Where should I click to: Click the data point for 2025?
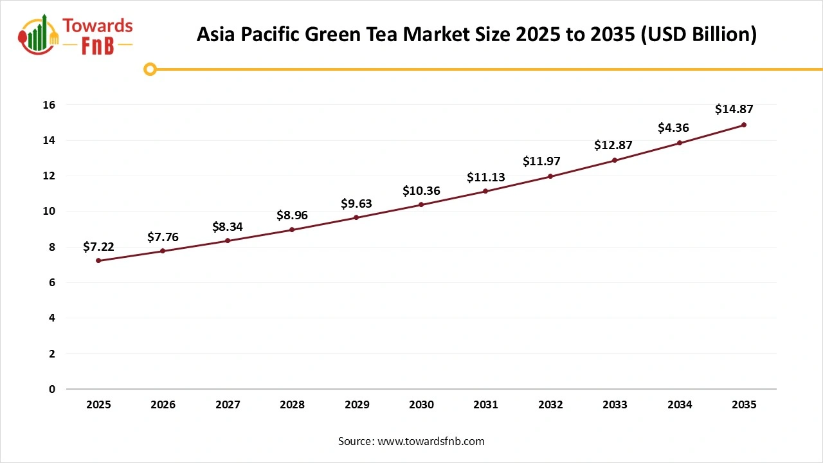coord(98,260)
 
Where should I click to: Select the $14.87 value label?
coord(734,109)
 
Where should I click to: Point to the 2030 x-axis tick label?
coord(421,405)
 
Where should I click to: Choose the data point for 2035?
coord(744,125)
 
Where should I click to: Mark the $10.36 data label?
coord(421,190)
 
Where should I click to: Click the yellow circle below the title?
coord(150,69)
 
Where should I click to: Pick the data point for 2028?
coord(292,230)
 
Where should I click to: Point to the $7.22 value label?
coord(98,247)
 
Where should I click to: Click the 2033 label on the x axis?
coord(615,405)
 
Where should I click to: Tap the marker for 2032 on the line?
coord(550,176)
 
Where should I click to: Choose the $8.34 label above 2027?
coord(228,227)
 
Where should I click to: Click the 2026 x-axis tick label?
coord(163,405)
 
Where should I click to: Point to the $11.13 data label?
coord(485,177)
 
